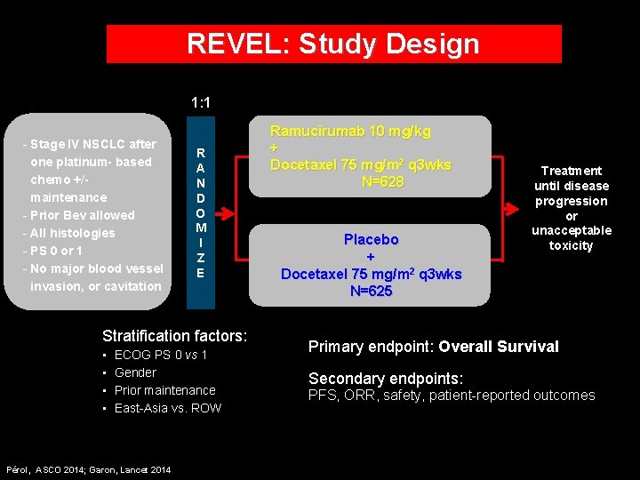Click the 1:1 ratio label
[201, 103]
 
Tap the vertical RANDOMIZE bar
[201, 212]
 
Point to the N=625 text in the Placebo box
[371, 291]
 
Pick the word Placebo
[371, 239]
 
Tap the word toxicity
[571, 245]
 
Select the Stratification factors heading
[174, 336]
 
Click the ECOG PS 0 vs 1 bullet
[161, 355]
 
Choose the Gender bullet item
[135, 372]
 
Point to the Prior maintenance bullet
[164, 390]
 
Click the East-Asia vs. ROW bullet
[168, 408]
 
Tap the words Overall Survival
[499, 347]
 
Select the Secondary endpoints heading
[386, 378]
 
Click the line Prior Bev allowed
[82, 215]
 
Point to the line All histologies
[72, 233]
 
